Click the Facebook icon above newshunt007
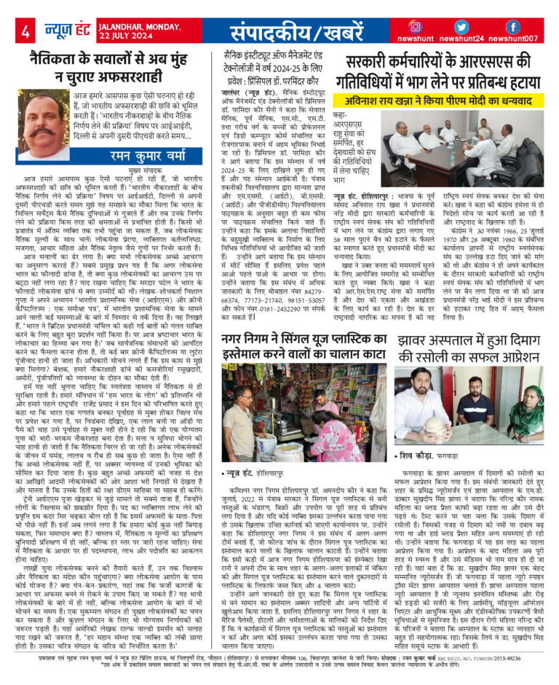point(513,26)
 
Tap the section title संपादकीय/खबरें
point(294,31)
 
